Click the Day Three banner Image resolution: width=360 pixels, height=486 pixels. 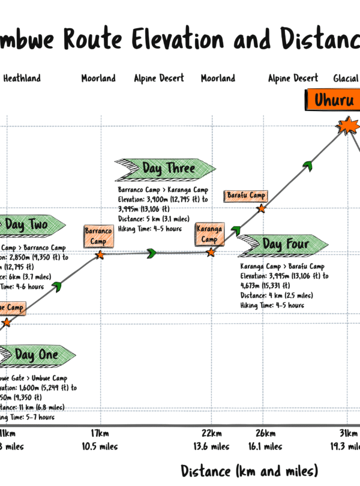coord(164,169)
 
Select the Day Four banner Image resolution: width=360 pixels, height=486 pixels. coord(282,244)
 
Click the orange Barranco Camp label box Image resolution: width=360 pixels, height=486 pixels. coord(98,235)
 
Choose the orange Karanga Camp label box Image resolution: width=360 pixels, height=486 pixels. coord(209,234)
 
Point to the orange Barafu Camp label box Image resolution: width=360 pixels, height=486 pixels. coord(246,196)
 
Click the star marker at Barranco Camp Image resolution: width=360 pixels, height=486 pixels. coord(100,255)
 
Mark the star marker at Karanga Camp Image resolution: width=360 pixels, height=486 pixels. coord(211,253)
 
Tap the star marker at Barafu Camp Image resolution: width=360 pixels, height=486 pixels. coord(261,209)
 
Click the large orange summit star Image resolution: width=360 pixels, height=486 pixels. coord(348,127)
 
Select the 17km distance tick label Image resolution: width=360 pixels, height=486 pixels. coord(100,434)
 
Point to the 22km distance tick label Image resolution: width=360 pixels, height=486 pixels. coord(211,434)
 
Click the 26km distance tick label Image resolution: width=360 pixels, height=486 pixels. coord(265,434)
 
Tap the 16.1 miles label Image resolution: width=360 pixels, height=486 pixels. coord(265,446)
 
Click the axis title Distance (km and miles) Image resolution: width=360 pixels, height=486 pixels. coord(249,470)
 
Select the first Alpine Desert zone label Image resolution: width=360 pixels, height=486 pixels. coord(159,78)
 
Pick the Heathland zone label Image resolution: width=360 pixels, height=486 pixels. coord(22,78)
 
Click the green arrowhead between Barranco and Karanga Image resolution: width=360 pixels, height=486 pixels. coord(152,253)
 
